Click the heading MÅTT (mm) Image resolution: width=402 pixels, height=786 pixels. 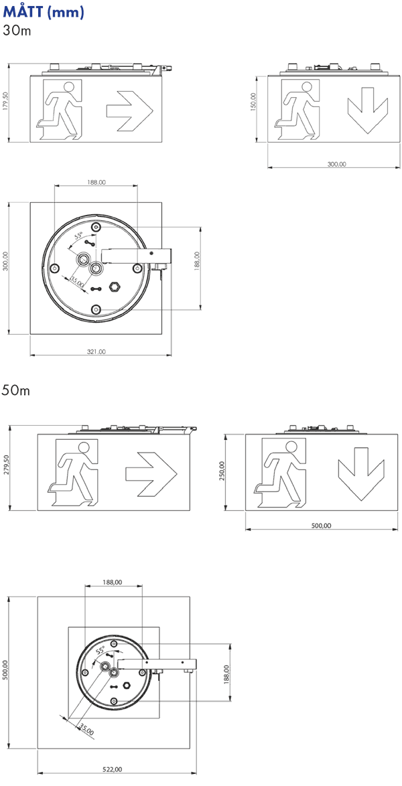(43, 11)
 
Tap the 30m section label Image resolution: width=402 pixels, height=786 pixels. (17, 30)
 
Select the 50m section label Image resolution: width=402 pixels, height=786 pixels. (15, 390)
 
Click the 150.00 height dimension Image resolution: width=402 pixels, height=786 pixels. (253, 104)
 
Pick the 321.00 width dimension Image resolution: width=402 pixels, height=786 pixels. (96, 352)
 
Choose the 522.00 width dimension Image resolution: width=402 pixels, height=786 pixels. (112, 769)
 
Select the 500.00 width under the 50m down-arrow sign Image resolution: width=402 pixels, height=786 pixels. (321, 526)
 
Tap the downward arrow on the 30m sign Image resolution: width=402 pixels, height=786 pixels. (368, 110)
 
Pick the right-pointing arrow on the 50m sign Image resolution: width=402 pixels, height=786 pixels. (151, 472)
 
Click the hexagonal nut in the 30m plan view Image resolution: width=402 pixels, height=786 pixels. (115, 287)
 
